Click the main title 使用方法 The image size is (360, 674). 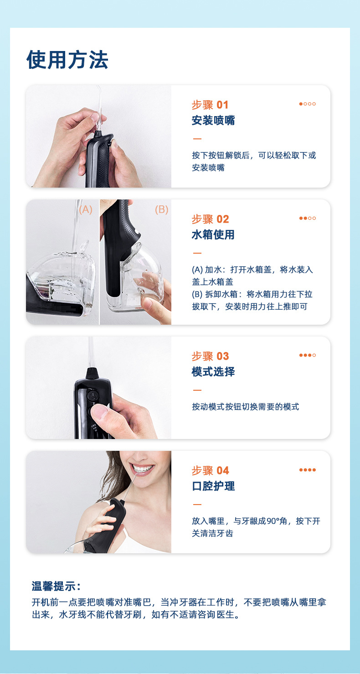(67, 60)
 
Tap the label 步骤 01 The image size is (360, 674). (210, 105)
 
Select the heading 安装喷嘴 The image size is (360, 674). (213, 121)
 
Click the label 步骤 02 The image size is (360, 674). (210, 220)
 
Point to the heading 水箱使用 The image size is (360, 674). (213, 235)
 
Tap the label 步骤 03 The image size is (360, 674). (210, 357)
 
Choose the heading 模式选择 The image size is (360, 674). (213, 372)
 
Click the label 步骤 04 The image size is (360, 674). (210, 471)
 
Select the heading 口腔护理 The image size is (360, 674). (213, 486)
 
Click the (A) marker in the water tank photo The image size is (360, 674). (85, 210)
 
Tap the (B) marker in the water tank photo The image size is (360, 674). (161, 210)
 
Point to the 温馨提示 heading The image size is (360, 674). (56, 586)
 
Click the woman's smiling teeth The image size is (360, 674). (142, 469)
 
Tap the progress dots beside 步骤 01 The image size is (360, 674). (307, 104)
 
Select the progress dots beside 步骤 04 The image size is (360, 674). (307, 470)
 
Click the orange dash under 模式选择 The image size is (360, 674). (197, 390)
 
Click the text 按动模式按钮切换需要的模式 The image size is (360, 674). (245, 407)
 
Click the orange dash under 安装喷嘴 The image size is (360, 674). (197, 139)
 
